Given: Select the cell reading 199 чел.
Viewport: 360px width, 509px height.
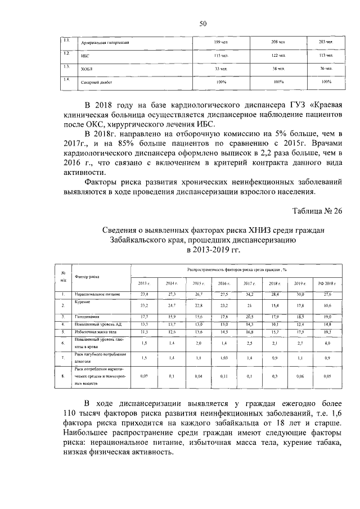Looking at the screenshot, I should tap(220, 43).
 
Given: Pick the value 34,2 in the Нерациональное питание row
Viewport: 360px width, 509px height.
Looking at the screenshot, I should tap(249, 295).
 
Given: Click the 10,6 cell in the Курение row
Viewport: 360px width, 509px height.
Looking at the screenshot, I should tap(327, 306).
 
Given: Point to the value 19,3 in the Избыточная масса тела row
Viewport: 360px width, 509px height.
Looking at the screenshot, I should tap(327, 332).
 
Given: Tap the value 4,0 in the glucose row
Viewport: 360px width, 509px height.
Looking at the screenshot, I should tap(327, 343).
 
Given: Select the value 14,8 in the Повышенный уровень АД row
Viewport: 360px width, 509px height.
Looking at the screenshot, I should tap(327, 325).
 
